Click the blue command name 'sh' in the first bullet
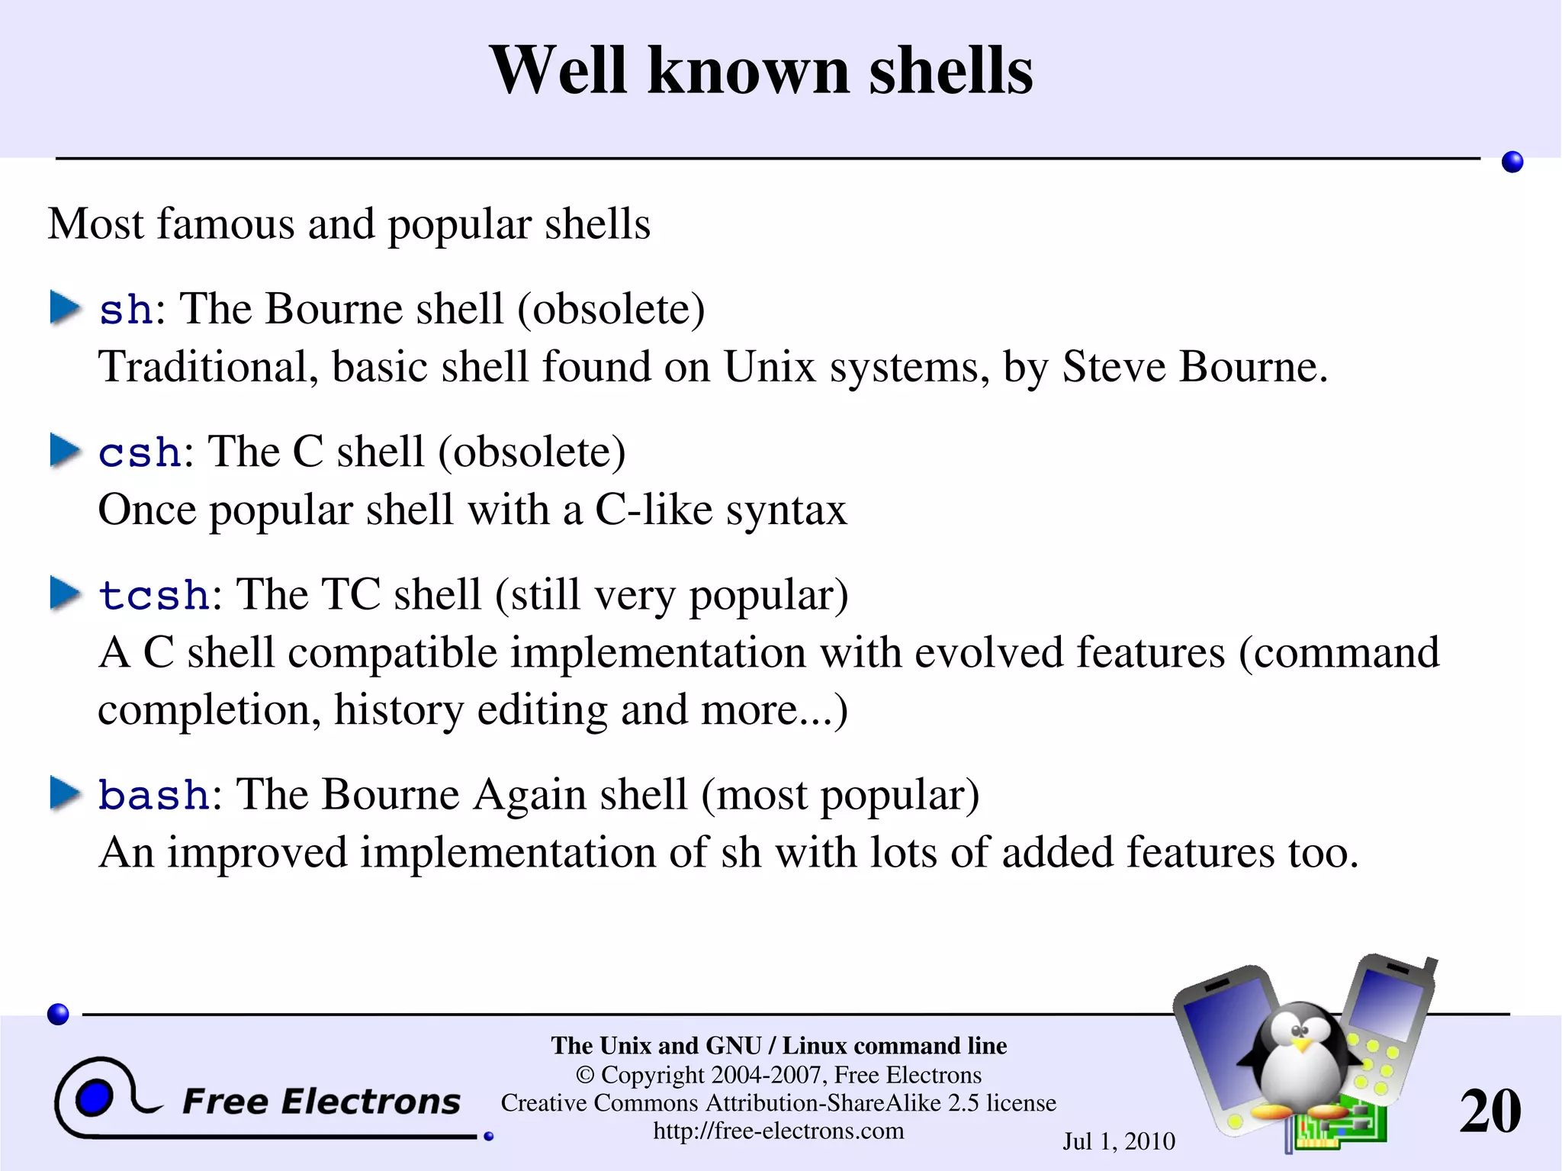coord(127,310)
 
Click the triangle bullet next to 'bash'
coord(66,793)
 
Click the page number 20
coord(1490,1111)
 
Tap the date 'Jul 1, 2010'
coord(1119,1141)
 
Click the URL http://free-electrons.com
coord(778,1131)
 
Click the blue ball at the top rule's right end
coord(1512,162)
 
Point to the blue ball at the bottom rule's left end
coord(58,1014)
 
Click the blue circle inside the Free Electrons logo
coord(94,1099)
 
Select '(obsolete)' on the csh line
coord(532,452)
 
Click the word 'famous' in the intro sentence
coord(225,224)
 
